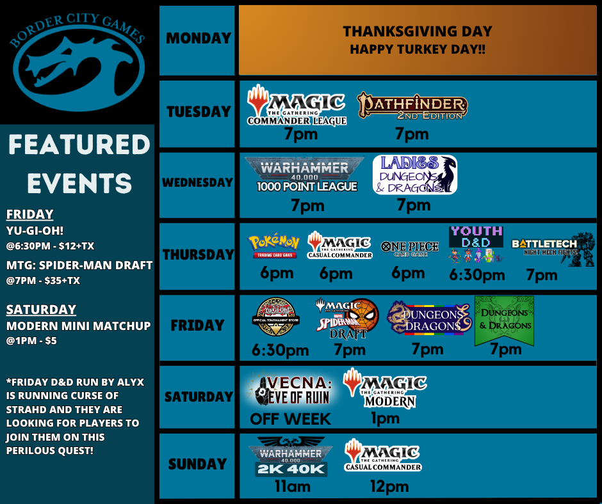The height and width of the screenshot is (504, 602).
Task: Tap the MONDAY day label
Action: pos(197,38)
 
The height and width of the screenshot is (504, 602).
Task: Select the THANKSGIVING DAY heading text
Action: pos(417,31)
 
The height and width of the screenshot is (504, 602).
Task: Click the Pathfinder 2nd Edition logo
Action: pos(412,106)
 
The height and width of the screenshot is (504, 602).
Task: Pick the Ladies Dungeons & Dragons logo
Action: pos(415,175)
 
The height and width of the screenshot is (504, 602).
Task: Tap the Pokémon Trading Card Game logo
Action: pos(274,246)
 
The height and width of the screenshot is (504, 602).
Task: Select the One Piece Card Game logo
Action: pos(409,247)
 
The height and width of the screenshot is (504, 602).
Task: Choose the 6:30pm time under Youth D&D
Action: pos(476,275)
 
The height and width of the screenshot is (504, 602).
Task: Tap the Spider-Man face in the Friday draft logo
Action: pos(364,315)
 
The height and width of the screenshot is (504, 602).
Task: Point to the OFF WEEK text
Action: pos(290,419)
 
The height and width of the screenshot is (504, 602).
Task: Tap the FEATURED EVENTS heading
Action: pos(79,164)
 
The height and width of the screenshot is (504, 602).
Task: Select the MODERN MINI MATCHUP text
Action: pos(78,326)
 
